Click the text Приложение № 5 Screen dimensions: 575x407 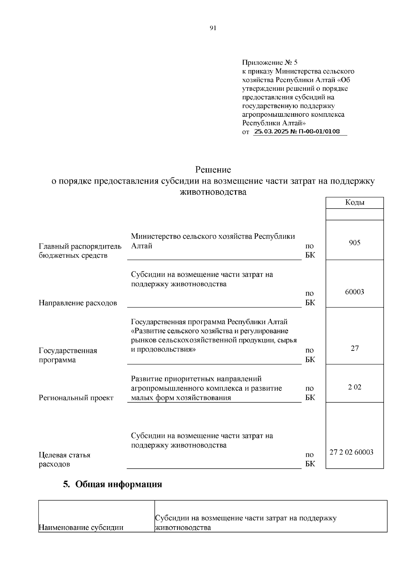coord(270,63)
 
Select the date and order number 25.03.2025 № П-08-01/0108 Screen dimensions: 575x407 coord(297,132)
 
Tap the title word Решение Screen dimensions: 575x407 coord(213,169)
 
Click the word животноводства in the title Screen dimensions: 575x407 coord(213,192)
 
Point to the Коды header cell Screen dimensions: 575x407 coord(354,203)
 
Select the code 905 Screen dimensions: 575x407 coord(354,243)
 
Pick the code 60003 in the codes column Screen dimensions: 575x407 coord(354,292)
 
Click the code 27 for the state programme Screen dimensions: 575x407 coord(354,348)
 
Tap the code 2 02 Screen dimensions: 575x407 coord(354,387)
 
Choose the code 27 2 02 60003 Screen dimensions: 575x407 coord(351,452)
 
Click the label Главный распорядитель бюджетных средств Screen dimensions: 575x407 coord(80,251)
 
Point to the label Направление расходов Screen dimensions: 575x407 coord(78,303)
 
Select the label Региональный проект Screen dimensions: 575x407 coord(76,398)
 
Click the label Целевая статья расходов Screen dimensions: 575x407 coord(64,459)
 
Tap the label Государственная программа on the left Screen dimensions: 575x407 coord(68,355)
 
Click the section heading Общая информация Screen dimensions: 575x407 coord(118,484)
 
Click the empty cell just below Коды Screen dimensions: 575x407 coord(354,214)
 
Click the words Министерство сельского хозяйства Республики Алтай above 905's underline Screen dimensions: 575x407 coord(213,241)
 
